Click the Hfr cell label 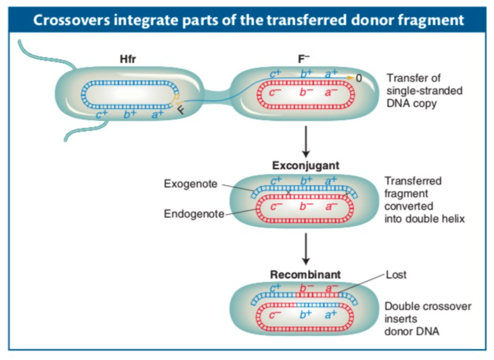point(128,60)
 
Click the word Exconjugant point(306,166)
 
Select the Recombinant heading point(305,275)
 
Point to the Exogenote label point(190,184)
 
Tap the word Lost point(396,275)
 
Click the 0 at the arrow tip point(359,79)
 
